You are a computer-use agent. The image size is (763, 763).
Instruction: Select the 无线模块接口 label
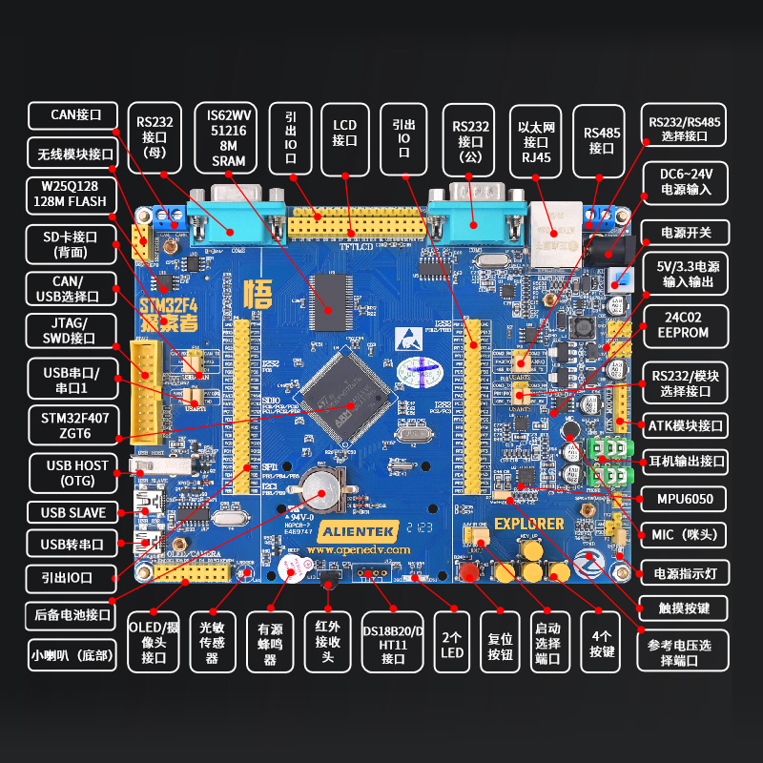click(72, 152)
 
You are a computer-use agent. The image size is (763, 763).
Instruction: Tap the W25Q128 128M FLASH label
click(72, 194)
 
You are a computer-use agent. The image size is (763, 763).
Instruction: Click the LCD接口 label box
click(344, 133)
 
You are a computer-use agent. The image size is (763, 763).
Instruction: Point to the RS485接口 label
click(601, 140)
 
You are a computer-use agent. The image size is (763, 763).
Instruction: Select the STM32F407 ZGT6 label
click(72, 426)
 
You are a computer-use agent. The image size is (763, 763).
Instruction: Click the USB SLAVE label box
click(72, 512)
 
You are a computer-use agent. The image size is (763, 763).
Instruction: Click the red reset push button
click(469, 572)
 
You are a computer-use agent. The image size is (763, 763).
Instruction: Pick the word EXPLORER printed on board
click(528, 524)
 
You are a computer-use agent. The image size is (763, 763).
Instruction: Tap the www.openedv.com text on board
click(358, 550)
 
